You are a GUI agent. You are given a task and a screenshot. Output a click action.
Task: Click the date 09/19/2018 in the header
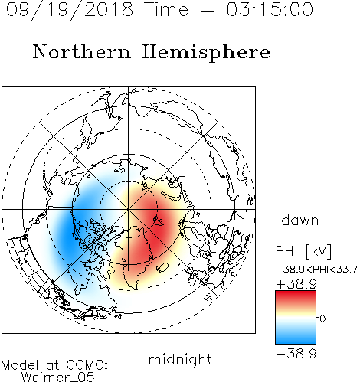pyautogui.click(x=70, y=10)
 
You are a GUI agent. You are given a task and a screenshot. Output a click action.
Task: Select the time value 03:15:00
pyautogui.click(x=270, y=9)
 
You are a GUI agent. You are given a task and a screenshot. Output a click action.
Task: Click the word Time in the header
pyautogui.click(x=166, y=9)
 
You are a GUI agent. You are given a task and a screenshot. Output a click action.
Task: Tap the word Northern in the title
pyautogui.click(x=82, y=51)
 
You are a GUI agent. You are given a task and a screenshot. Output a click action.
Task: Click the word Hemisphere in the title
pyautogui.click(x=206, y=53)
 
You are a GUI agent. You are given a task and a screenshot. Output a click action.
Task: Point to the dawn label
pyautogui.click(x=300, y=220)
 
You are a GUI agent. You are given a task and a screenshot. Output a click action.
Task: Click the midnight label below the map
pyautogui.click(x=180, y=359)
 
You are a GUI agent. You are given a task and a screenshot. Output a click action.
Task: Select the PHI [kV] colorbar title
pyautogui.click(x=303, y=251)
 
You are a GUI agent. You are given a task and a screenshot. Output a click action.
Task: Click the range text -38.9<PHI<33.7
pyautogui.click(x=316, y=270)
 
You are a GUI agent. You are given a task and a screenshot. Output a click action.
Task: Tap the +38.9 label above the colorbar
pyautogui.click(x=296, y=284)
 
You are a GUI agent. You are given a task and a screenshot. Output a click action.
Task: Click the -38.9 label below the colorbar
pyautogui.click(x=296, y=354)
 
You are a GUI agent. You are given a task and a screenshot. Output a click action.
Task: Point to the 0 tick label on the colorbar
pyautogui.click(x=322, y=319)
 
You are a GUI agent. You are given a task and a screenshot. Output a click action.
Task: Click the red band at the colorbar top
pyautogui.click(x=296, y=296)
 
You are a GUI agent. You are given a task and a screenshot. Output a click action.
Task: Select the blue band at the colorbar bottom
pyautogui.click(x=296, y=338)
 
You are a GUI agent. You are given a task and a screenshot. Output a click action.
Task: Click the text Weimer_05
pyautogui.click(x=58, y=378)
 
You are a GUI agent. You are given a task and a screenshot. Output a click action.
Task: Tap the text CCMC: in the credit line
pyautogui.click(x=87, y=365)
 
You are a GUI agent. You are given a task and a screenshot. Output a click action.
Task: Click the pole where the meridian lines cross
pyautogui.click(x=129, y=210)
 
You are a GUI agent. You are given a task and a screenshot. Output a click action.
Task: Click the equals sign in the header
pyautogui.click(x=208, y=10)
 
